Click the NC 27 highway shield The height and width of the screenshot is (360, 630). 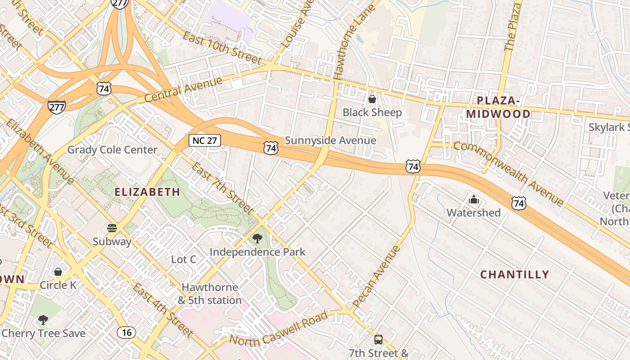204,140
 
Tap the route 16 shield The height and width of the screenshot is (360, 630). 126,333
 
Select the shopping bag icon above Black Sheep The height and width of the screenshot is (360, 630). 372,99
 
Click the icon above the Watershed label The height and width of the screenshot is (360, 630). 473,199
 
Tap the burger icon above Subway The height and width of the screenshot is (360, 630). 112,228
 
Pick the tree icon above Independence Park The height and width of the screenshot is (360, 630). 257,238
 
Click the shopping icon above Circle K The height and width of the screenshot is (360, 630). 58,272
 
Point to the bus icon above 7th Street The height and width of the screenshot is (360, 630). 378,340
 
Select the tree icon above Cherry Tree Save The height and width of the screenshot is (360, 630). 43,320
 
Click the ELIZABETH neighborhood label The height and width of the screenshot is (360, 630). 147,192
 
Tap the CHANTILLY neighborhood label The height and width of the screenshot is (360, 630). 515,274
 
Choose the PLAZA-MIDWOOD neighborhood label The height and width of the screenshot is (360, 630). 498,107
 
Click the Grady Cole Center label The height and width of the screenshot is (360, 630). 112,150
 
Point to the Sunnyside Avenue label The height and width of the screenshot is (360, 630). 330,140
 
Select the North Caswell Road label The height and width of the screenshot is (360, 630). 279,328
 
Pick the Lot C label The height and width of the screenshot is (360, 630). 184,259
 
